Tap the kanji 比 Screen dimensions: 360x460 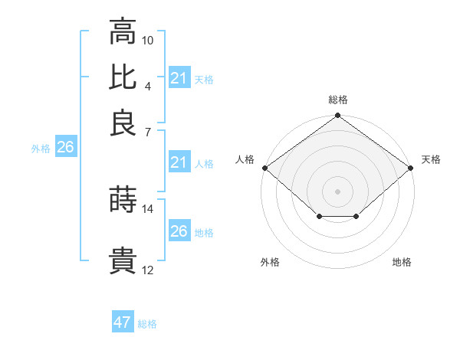coord(123,77)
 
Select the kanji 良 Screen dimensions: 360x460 coord(123,123)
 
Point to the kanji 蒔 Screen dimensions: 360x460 coord(123,200)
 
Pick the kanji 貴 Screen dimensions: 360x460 coord(123,260)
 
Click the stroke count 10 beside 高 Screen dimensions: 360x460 coord(148,40)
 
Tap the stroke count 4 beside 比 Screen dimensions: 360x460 coord(147,85)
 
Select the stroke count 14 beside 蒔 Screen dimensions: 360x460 coord(148,208)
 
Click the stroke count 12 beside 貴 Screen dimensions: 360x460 coord(148,270)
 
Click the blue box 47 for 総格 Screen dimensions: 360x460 coord(123,322)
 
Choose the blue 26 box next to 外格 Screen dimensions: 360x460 coord(65,148)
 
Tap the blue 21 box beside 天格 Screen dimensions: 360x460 coord(179,78)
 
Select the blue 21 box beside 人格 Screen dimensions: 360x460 coord(179,162)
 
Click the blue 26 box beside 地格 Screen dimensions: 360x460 coord(179,231)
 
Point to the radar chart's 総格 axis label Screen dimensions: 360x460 coord(338,100)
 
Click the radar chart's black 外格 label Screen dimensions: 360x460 coord(270,262)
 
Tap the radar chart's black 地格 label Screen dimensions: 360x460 coord(402,262)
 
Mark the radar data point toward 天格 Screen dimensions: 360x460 coord(411,168)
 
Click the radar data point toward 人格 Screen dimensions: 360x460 coord(264,168)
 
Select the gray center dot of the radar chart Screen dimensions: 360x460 coord(338,191)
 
